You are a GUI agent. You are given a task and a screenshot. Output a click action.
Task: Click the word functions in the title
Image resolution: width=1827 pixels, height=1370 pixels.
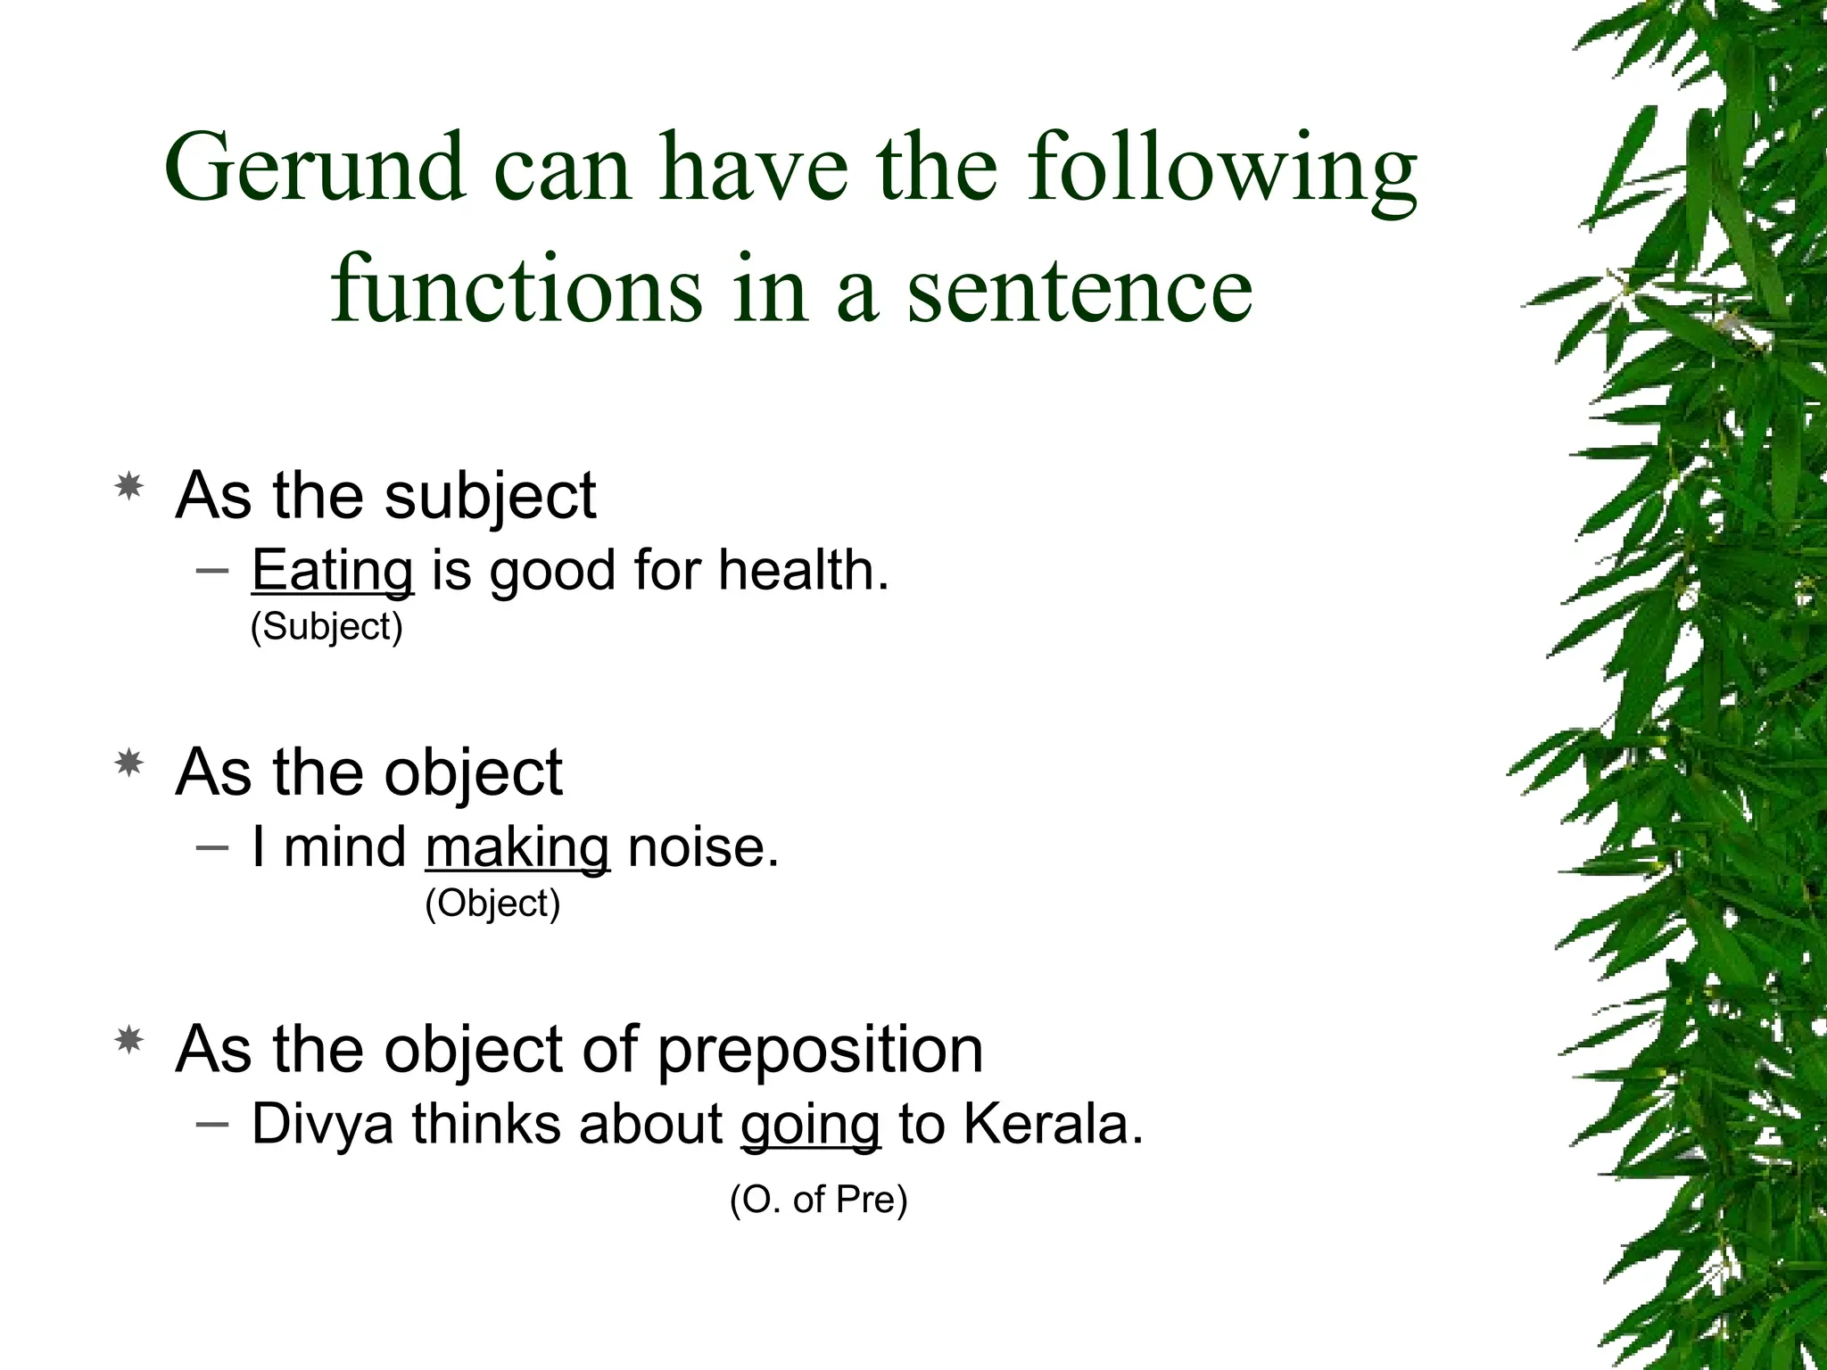pyautogui.click(x=517, y=287)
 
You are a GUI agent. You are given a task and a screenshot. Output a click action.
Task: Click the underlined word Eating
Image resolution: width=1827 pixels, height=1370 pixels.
pyautogui.click(x=332, y=572)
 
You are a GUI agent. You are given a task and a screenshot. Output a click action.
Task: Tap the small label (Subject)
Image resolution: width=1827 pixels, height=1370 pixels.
pyautogui.click(x=327, y=626)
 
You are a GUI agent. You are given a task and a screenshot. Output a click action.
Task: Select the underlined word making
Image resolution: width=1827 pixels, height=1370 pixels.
pyautogui.click(x=517, y=848)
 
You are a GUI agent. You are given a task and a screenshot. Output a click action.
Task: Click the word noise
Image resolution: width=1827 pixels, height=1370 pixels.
pyautogui.click(x=703, y=846)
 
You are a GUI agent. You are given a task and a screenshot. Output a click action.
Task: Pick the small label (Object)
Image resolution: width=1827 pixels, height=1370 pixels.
pyautogui.click(x=492, y=904)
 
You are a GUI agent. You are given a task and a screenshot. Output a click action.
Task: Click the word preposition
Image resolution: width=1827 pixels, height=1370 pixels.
pyautogui.click(x=820, y=1051)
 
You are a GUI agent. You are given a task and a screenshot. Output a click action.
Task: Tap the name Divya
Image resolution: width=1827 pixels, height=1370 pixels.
pyautogui.click(x=322, y=1124)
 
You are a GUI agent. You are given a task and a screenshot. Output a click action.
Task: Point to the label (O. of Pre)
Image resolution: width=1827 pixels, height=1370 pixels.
pyautogui.click(x=818, y=1200)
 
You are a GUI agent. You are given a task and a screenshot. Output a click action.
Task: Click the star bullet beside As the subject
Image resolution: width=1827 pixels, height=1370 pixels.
pyautogui.click(x=129, y=487)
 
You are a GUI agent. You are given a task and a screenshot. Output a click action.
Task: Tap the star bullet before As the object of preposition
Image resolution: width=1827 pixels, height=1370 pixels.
pyautogui.click(x=129, y=1040)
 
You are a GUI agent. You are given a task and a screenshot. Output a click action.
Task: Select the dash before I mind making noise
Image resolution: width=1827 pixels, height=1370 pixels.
pyautogui.click(x=211, y=846)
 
